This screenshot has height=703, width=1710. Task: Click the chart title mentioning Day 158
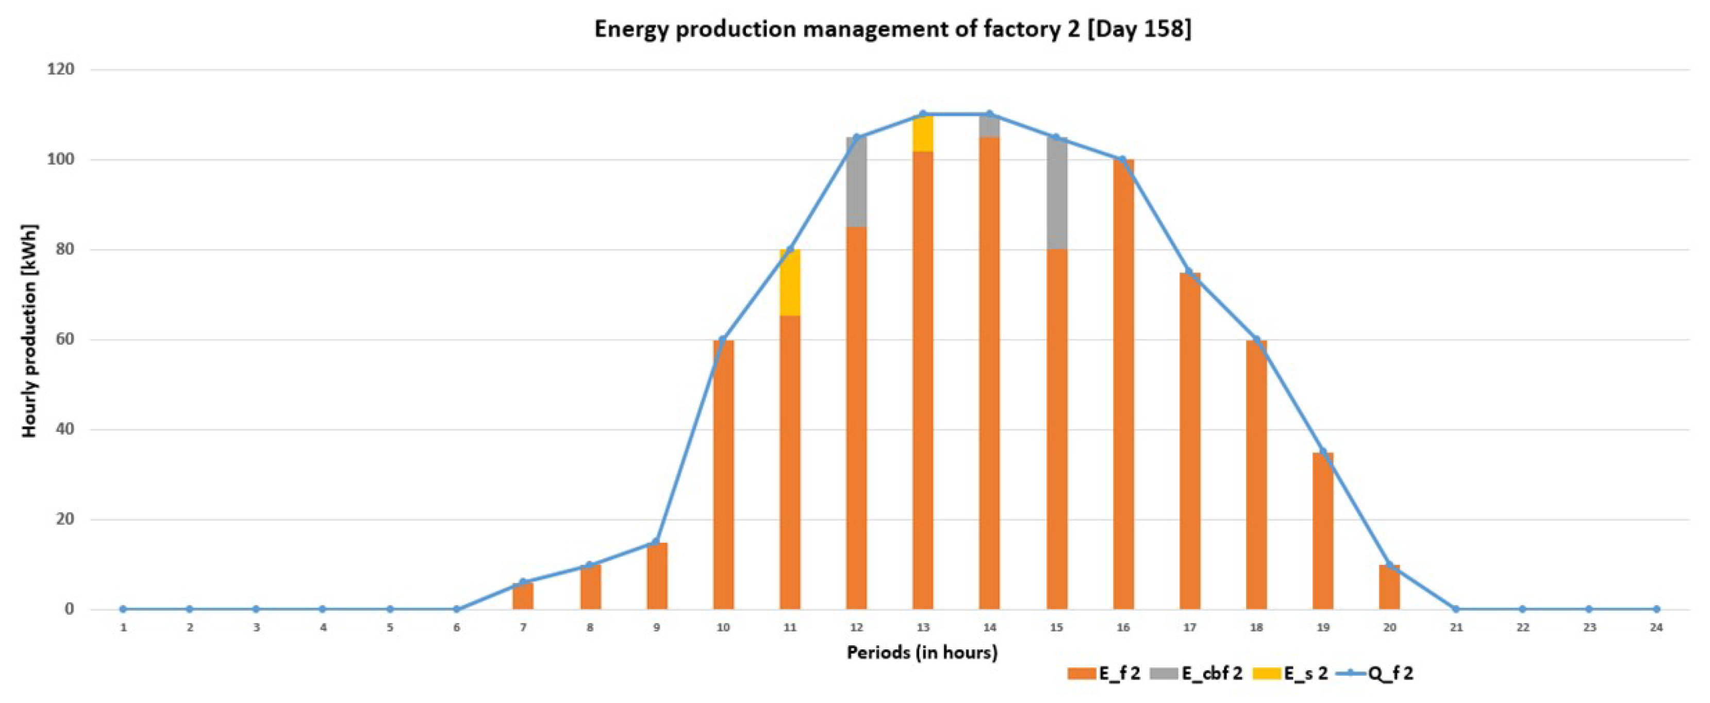point(892,30)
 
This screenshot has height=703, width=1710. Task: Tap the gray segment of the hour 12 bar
point(856,182)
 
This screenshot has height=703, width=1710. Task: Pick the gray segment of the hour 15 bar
point(1057,193)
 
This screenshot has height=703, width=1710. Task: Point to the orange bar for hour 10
point(724,475)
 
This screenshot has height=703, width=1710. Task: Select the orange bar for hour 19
point(1323,531)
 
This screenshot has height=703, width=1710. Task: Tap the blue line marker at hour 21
point(1456,609)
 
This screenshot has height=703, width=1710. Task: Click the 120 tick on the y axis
point(60,69)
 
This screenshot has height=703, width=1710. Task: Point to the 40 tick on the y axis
point(64,429)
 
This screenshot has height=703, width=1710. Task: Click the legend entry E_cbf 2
point(1202,674)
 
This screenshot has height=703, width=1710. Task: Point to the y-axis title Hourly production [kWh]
point(29,330)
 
